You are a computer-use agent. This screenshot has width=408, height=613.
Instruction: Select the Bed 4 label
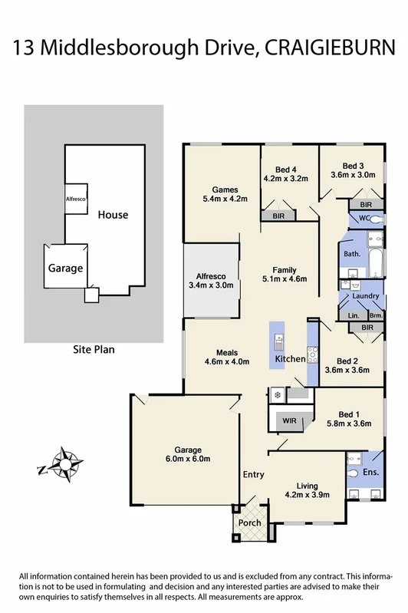[285, 169]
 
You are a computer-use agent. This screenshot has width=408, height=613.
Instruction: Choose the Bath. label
[352, 254]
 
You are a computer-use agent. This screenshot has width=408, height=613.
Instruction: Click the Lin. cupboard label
[354, 315]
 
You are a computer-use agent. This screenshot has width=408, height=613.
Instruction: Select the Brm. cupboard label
[375, 315]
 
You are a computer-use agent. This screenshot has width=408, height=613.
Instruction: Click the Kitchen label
[290, 359]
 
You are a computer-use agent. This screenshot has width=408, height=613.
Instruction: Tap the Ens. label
[370, 472]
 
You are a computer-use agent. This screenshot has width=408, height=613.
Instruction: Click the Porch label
[249, 523]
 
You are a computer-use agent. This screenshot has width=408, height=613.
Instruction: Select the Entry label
[254, 475]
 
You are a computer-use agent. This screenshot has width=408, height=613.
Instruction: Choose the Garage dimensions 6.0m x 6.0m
[188, 460]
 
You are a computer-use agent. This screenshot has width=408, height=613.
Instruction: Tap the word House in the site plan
[113, 216]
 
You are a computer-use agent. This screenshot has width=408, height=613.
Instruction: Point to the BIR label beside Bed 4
[278, 217]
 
